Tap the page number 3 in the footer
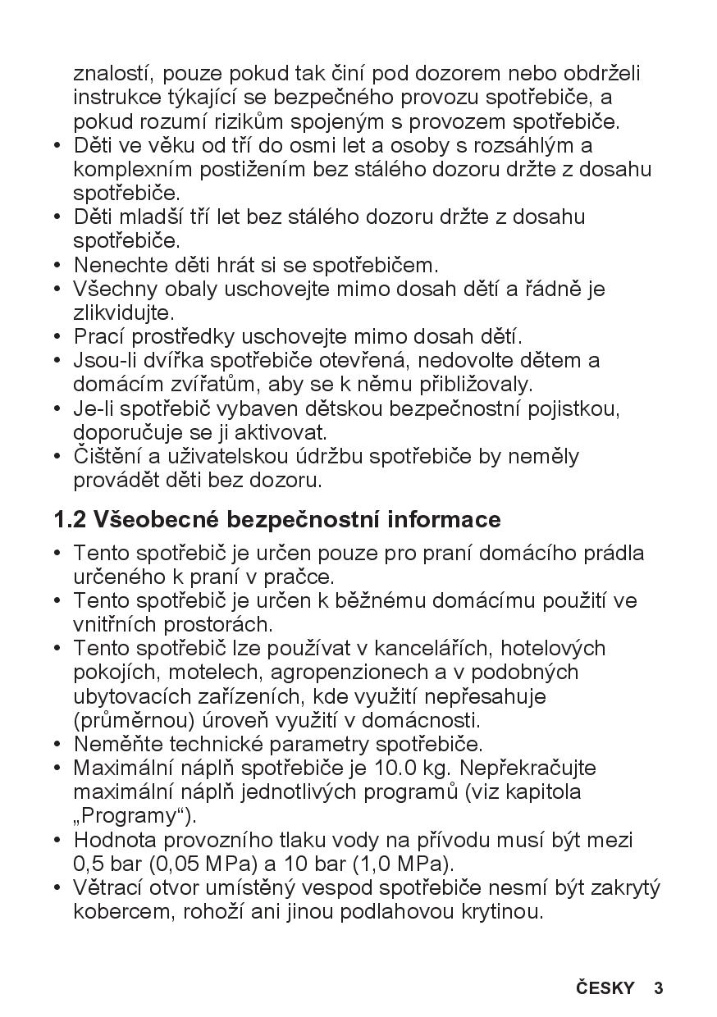[658, 987]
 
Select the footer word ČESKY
[605, 987]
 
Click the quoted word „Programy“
[134, 816]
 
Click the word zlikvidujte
[112, 312]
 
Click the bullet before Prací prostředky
[57, 336]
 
